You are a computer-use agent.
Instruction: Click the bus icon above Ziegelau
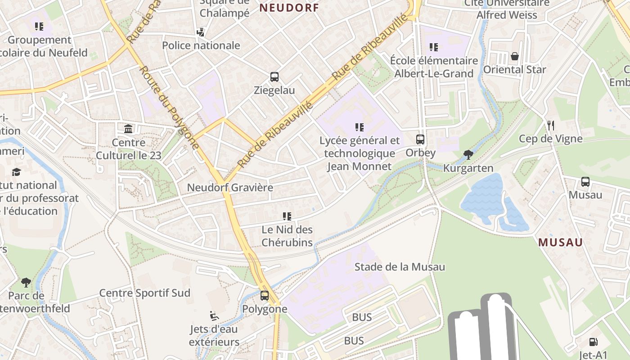point(274,77)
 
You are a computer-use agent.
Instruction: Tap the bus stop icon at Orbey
point(420,139)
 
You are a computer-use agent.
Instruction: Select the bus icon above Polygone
point(265,296)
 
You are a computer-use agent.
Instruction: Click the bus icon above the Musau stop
point(585,182)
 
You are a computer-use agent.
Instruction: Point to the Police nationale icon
point(201,32)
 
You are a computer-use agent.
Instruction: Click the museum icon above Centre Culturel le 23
point(128,129)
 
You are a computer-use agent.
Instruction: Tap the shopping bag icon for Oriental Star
point(514,56)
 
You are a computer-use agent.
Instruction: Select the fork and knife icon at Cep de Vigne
point(550,125)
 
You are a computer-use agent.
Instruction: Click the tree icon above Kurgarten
point(468,155)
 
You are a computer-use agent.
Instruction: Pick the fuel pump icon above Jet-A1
point(594,342)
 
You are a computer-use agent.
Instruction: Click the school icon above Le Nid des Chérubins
point(287,216)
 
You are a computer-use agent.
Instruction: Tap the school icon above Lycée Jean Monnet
point(359,127)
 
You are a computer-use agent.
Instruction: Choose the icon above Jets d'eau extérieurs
point(214,316)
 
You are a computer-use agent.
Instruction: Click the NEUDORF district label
point(289,8)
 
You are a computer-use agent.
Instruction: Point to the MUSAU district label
point(560,243)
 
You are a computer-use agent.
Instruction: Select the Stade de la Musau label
point(400,267)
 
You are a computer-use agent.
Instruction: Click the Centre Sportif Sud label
point(144,293)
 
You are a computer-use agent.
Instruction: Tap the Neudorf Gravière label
point(230,187)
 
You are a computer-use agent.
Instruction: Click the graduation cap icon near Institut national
point(17,172)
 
